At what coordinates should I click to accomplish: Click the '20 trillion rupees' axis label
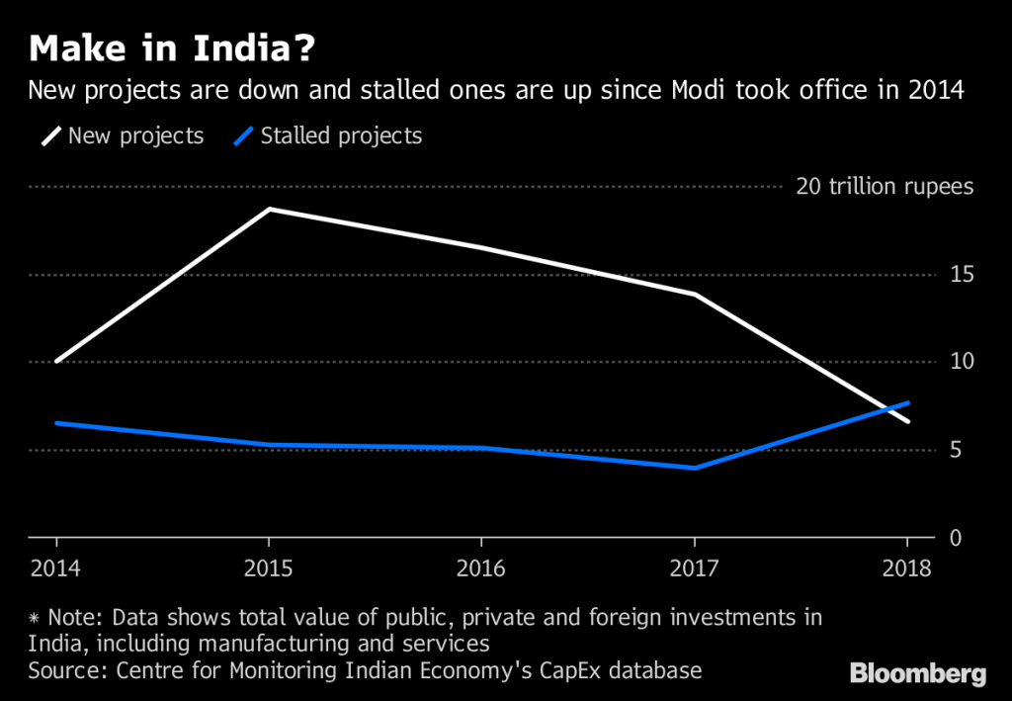click(885, 187)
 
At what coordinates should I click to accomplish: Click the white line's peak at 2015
click(269, 210)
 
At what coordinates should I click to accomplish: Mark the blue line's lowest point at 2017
click(695, 468)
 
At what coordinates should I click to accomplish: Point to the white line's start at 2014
click(57, 362)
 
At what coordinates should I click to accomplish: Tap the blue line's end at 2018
click(907, 402)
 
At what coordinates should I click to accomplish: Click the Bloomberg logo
click(918, 675)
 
